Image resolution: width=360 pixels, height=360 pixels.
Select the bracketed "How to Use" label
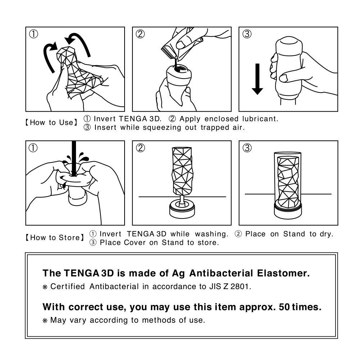point(51,122)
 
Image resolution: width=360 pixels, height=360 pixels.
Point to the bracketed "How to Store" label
point(54,238)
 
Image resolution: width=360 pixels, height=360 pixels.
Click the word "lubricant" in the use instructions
point(259,118)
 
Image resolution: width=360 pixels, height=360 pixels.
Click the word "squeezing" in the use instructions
point(152,127)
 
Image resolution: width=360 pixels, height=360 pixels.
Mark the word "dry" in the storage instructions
point(326,234)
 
